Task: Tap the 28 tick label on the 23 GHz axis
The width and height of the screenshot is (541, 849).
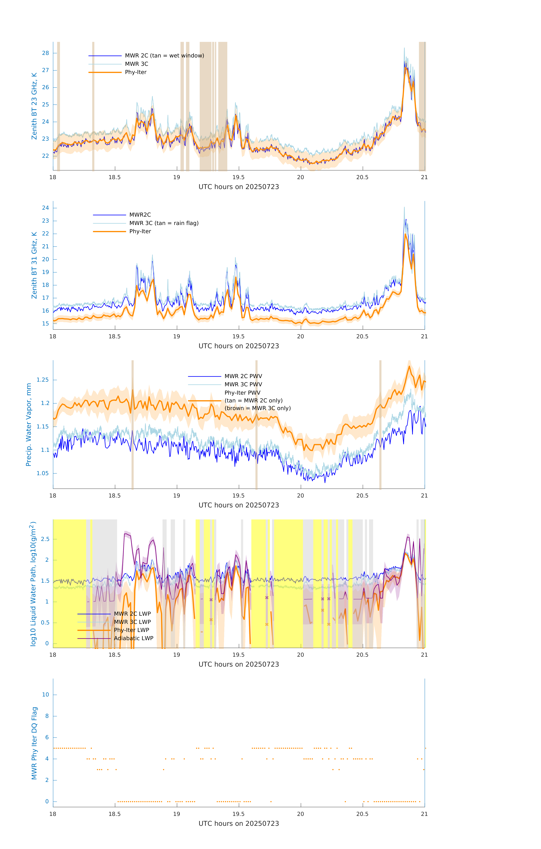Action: point(45,53)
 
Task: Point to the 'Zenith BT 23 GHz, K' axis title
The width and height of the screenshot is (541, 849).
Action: point(34,106)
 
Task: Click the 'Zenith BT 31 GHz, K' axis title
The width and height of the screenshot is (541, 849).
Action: point(34,265)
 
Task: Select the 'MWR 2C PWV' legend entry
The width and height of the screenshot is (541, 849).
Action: point(243,376)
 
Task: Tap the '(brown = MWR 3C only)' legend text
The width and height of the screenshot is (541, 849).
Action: point(258,408)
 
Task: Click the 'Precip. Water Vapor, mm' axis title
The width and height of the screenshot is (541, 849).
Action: point(29,424)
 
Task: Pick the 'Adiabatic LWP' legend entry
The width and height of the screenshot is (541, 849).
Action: point(134,638)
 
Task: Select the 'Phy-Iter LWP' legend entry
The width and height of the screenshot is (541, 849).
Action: point(131,630)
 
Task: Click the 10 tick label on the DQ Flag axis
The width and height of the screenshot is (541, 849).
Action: point(45,695)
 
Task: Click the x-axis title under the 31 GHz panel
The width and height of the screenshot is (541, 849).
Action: point(239,346)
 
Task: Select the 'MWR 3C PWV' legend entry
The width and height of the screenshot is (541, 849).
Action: point(243,384)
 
